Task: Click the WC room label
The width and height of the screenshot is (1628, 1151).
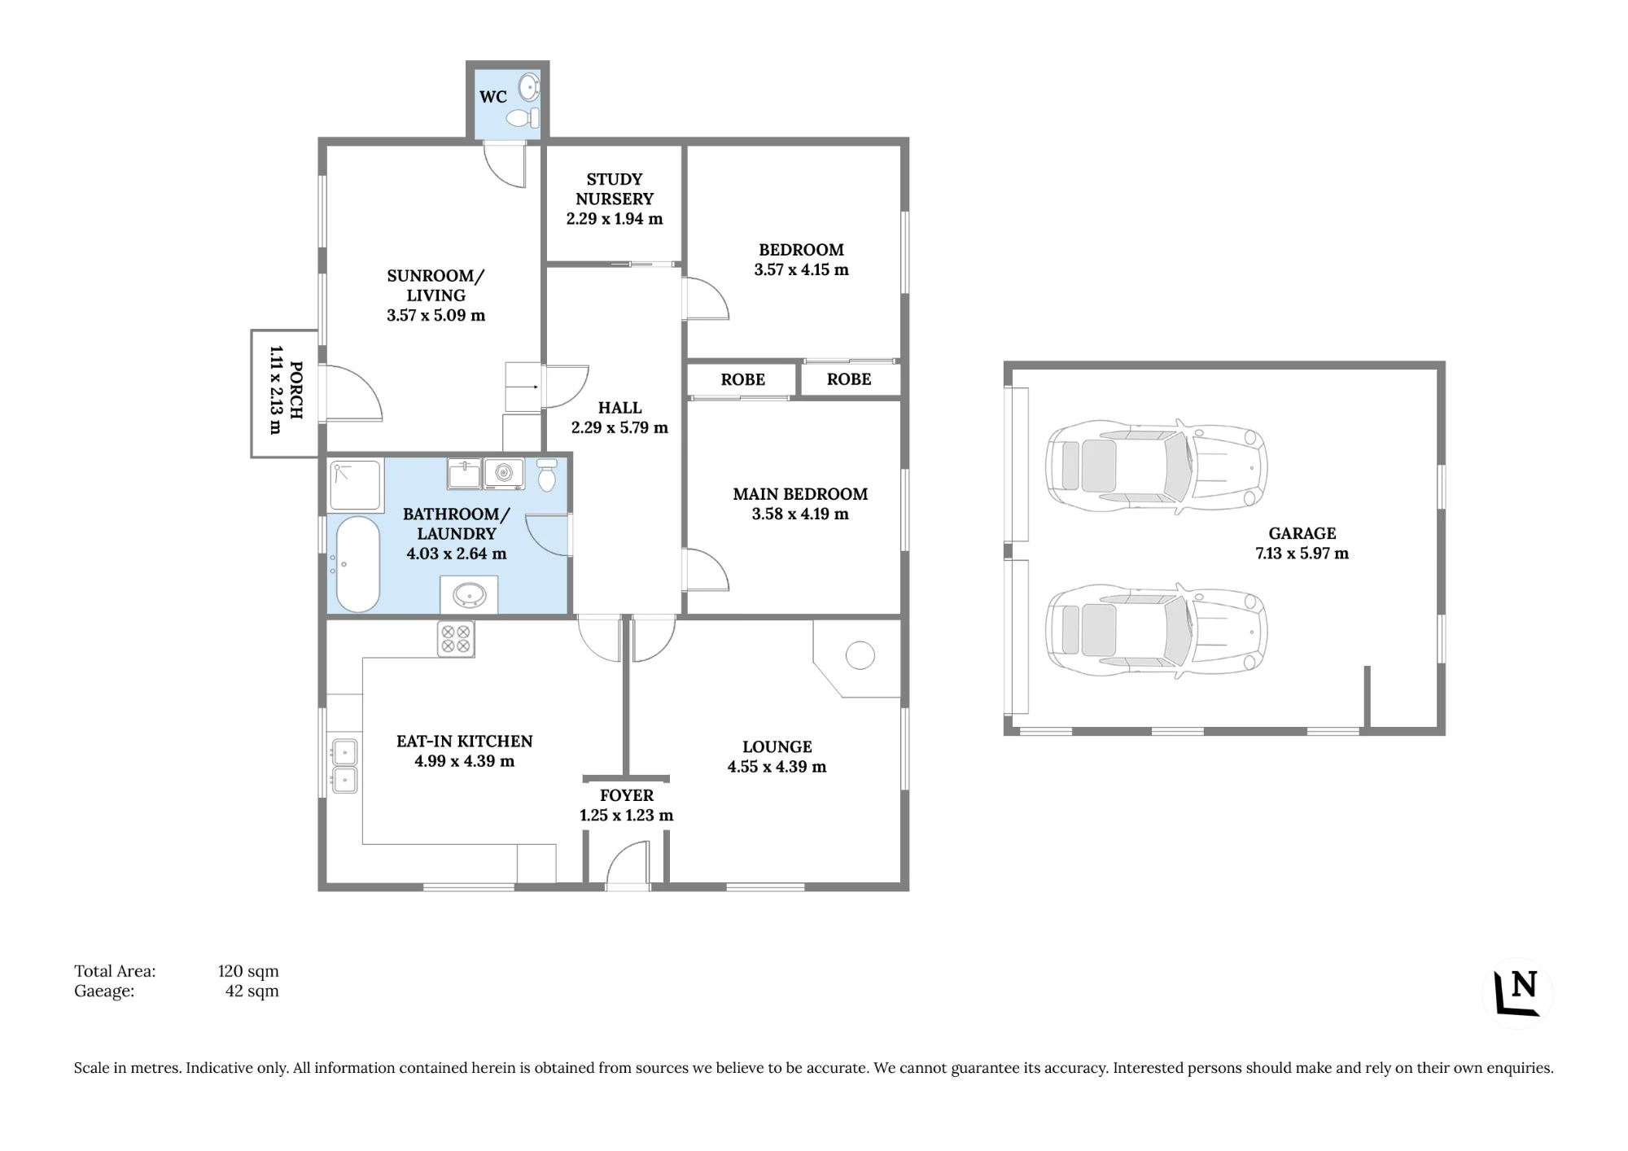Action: [x=493, y=97]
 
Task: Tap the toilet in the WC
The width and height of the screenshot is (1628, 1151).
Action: [x=523, y=119]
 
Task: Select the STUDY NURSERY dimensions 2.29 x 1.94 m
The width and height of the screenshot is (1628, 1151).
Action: [x=615, y=219]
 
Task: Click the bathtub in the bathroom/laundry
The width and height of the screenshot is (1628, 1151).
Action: [x=358, y=563]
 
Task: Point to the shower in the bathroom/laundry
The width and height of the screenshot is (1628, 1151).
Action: [x=356, y=486]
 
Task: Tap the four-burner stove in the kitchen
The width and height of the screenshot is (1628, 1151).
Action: [x=456, y=638]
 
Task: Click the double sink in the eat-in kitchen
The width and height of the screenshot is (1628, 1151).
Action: [x=344, y=766]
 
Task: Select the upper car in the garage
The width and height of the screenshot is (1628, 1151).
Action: [x=1156, y=466]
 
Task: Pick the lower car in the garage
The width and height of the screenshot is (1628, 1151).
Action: [x=1156, y=630]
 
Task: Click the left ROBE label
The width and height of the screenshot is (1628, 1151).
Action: [x=743, y=379]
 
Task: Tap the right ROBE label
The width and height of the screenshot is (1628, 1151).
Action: [x=849, y=379]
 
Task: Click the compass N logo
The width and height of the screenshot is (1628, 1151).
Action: [x=1517, y=993]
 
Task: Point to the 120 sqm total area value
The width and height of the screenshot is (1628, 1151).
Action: [x=248, y=971]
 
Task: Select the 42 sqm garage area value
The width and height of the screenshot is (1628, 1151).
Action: [x=252, y=991]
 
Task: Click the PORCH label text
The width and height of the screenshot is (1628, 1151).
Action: [x=296, y=391]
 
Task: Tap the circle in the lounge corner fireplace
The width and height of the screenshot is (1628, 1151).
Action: [x=860, y=655]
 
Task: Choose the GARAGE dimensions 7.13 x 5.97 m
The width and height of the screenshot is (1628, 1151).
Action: [x=1302, y=554]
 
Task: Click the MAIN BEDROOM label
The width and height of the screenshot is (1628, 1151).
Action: [x=800, y=494]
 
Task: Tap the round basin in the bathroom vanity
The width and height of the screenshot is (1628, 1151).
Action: [x=470, y=595]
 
